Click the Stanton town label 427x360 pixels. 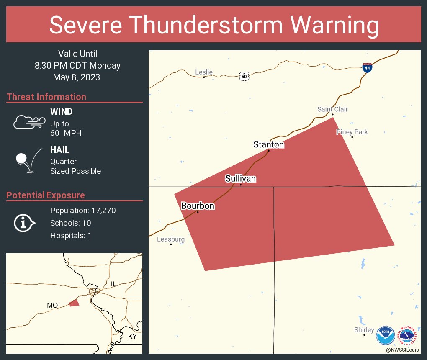tap(269, 145)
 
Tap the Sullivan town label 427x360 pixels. tap(240, 179)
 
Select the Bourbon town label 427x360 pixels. tap(198, 206)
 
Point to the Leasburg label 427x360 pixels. tap(171, 239)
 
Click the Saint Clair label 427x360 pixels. tap(332, 109)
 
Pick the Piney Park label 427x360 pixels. tap(352, 132)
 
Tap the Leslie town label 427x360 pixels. tap(204, 72)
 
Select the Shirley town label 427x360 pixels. tap(364, 330)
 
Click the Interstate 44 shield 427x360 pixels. tap(367, 67)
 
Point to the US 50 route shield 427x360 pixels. tap(244, 76)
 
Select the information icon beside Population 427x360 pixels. tap(24, 223)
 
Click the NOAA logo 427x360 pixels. tap(385, 336)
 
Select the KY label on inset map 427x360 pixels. tap(132, 337)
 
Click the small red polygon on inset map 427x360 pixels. tap(74, 303)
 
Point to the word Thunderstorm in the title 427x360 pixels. tap(214, 25)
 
